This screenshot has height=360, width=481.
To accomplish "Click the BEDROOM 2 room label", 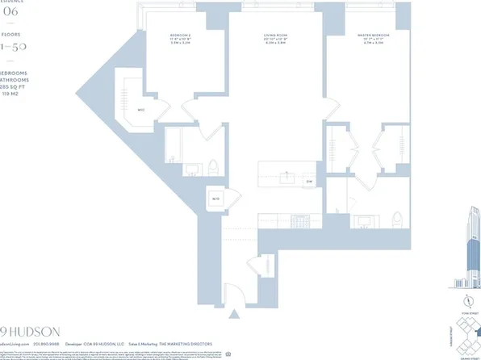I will pos(180,36).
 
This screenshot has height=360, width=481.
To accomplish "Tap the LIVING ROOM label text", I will pos(278,36).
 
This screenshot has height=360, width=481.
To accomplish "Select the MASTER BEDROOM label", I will pos(373,36).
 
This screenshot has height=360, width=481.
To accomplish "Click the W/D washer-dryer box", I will pos(216,198).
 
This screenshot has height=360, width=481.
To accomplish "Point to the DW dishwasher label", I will pos(309,182).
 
